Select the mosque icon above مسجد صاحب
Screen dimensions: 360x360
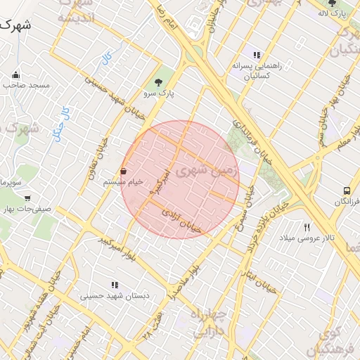point(16,75)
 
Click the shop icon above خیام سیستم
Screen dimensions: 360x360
point(124,171)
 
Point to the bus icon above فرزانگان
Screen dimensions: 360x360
point(347,191)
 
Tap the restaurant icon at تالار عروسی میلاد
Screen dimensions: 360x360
point(307,227)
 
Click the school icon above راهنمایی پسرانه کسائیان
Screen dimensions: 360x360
point(257,55)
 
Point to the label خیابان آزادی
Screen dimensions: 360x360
point(181,220)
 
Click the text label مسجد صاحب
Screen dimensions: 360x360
point(26,85)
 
